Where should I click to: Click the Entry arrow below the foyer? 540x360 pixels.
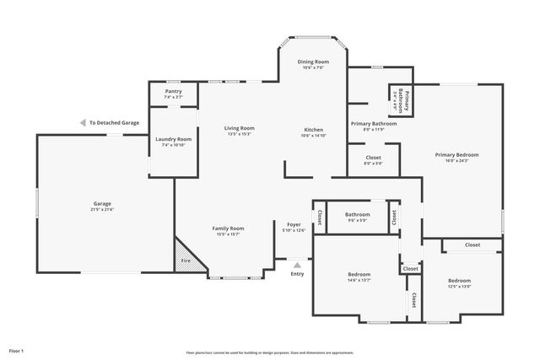click(x=297, y=264)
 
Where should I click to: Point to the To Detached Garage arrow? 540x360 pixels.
click(x=82, y=122)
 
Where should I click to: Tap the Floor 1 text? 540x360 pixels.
click(x=16, y=349)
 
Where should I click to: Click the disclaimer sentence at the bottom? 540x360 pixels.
click(x=269, y=352)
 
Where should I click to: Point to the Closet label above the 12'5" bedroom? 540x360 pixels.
click(x=472, y=244)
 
